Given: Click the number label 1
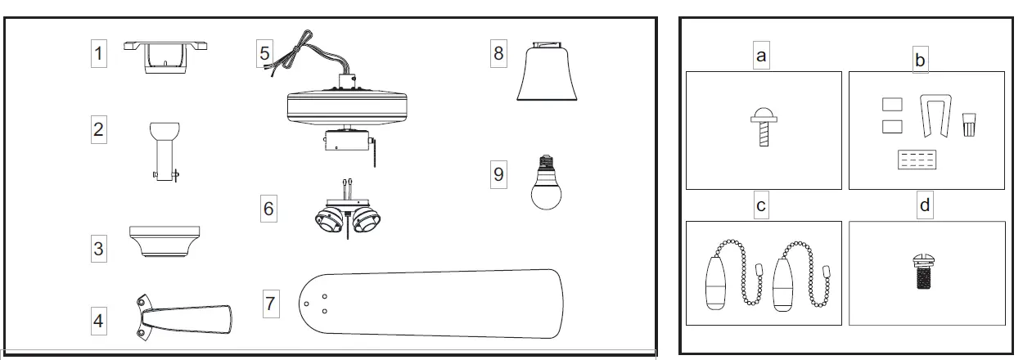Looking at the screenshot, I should coord(99,54).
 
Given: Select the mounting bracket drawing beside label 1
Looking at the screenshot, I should coord(164,56).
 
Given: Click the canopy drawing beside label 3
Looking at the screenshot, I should coord(164,241).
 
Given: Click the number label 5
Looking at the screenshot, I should coord(264,55).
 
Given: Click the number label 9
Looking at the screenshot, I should coord(498,175).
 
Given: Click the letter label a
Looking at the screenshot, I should coord(761,56).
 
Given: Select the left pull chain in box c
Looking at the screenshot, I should coord(724,274).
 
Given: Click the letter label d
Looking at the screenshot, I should coord(925,206).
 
